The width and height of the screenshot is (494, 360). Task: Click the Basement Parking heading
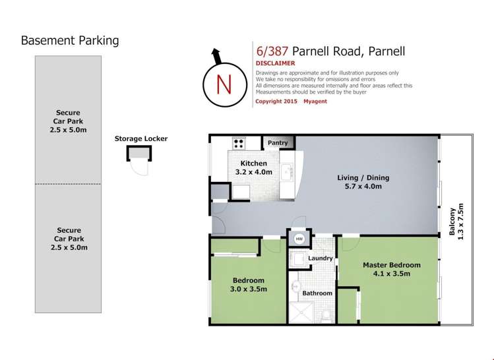[70, 41]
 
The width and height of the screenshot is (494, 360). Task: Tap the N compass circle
[224, 84]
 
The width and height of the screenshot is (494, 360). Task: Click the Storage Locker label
[141, 138]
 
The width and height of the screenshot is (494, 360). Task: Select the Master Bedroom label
[391, 269]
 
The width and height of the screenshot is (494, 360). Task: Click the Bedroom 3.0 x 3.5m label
[248, 284]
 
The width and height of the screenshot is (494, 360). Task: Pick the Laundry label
[321, 258]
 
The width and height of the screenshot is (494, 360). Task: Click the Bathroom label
[317, 293]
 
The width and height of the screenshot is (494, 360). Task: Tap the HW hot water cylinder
[299, 239]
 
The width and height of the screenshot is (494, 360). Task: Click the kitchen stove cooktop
[238, 143]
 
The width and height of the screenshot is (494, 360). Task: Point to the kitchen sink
[288, 173]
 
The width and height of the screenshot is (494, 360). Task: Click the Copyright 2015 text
[276, 101]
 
